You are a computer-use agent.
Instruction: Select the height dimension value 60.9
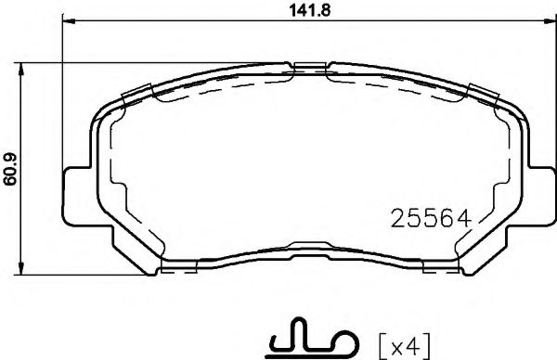(x=11, y=168)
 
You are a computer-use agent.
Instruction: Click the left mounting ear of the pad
(x=76, y=197)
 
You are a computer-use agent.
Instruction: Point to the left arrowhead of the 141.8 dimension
(x=66, y=24)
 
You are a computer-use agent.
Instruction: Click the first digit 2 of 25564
(x=393, y=220)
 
